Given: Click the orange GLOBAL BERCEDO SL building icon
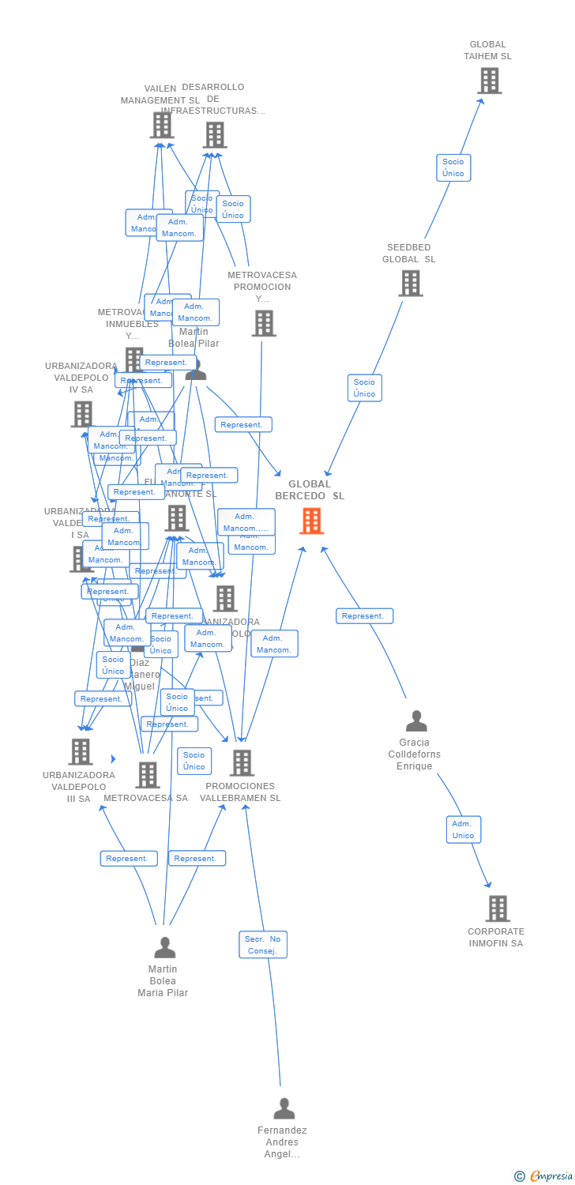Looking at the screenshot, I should tap(312, 521).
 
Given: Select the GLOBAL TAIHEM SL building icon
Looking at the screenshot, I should tap(490, 81).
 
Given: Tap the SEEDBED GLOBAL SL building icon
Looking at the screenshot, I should tap(411, 283).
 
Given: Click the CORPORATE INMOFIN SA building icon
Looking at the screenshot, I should tap(498, 908).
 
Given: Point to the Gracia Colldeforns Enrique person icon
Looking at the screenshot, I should tap(416, 721).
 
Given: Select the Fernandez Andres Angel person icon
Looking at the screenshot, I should tap(284, 1108).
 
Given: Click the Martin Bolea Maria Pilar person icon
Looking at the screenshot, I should tap(165, 947).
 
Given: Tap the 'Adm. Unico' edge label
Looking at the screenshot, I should tap(464, 829).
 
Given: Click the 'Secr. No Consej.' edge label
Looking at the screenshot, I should tap(263, 945).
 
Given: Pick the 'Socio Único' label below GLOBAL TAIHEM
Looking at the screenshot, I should tap(453, 167).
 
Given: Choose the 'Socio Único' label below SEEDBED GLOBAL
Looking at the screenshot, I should tap(365, 388).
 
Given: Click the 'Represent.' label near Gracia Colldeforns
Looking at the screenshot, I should tap(364, 616).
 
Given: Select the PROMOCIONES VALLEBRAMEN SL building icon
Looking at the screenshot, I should tap(242, 763).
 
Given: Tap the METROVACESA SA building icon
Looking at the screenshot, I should tap(148, 775).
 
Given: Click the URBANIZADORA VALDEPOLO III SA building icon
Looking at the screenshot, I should tap(81, 752).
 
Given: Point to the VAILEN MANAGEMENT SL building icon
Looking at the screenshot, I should tap(162, 125).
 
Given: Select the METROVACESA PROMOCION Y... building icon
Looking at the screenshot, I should tap(264, 323).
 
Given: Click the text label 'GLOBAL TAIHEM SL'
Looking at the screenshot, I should tap(487, 51).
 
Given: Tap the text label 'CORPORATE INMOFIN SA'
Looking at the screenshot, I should tap(496, 937).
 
